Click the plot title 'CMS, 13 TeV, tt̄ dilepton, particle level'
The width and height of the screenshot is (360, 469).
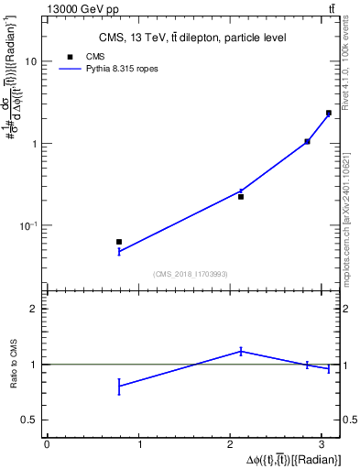[x=192, y=38]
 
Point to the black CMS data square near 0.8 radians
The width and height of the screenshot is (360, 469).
[x=119, y=242]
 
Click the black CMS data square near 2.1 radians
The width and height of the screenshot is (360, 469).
[x=241, y=197]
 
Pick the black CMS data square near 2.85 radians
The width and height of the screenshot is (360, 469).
[x=307, y=141]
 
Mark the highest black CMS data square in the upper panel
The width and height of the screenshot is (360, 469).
[x=328, y=113]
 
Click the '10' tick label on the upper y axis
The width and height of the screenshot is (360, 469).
[x=31, y=61]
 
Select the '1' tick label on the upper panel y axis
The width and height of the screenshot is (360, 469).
[x=35, y=144]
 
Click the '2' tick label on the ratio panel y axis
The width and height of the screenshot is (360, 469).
[x=35, y=310]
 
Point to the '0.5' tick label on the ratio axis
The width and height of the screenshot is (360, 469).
[x=31, y=420]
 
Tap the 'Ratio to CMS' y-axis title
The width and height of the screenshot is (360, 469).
[x=12, y=365]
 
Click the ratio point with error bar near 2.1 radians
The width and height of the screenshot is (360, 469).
[x=241, y=351]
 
